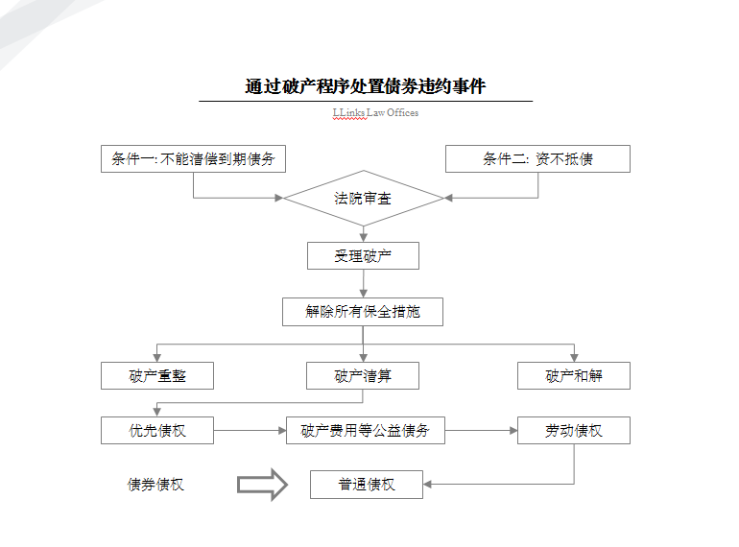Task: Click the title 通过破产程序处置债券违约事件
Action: pyautogui.click(x=365, y=87)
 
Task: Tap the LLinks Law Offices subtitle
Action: pyautogui.click(x=375, y=112)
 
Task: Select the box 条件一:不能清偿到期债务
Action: pyautogui.click(x=193, y=159)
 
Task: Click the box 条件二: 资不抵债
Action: pyautogui.click(x=537, y=159)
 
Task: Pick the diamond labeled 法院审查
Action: pyautogui.click(x=363, y=199)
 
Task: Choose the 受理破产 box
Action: pyautogui.click(x=363, y=256)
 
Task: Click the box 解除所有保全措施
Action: pyautogui.click(x=363, y=312)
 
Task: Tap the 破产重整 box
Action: pyautogui.click(x=157, y=375)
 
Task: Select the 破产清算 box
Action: pyautogui.click(x=363, y=375)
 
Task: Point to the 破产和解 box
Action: pyautogui.click(x=574, y=375)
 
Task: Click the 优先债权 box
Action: pyautogui.click(x=157, y=431)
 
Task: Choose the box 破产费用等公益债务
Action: pyautogui.click(x=366, y=431)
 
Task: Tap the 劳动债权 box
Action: pyautogui.click(x=574, y=431)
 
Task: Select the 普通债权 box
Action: pyautogui.click(x=366, y=485)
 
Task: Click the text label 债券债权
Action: pyautogui.click(x=155, y=485)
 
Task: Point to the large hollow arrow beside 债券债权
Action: pyautogui.click(x=262, y=485)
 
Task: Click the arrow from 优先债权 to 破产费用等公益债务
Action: pyautogui.click(x=250, y=431)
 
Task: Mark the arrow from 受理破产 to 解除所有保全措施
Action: pyautogui.click(x=363, y=283)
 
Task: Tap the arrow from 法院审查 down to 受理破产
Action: pyautogui.click(x=363, y=233)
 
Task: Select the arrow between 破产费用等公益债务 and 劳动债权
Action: pyautogui.click(x=481, y=431)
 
